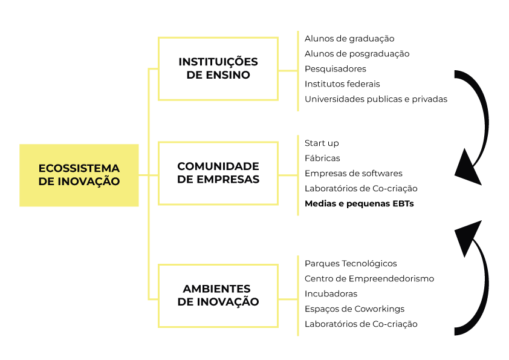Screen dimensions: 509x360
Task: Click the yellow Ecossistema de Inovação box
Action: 79,175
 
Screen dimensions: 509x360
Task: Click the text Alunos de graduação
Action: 349,39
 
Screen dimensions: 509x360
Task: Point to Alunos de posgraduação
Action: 357,54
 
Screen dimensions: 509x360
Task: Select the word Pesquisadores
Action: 336,69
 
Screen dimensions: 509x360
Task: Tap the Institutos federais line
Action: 342,84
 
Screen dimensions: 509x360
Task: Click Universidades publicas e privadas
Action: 376,99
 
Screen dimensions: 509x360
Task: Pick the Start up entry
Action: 322,143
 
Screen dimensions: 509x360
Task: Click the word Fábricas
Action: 322,159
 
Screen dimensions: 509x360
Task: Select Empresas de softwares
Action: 354,174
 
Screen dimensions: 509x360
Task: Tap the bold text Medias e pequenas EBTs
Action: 359,204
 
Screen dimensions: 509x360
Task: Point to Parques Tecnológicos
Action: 351,264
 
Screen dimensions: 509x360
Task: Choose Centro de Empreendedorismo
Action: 369,279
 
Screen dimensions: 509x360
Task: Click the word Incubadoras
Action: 331,293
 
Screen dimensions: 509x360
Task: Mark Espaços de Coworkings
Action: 354,309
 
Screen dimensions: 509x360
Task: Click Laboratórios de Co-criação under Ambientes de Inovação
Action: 361,324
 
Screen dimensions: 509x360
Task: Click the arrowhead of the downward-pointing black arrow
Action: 467,170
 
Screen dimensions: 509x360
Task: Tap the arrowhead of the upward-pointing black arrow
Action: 468,235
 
